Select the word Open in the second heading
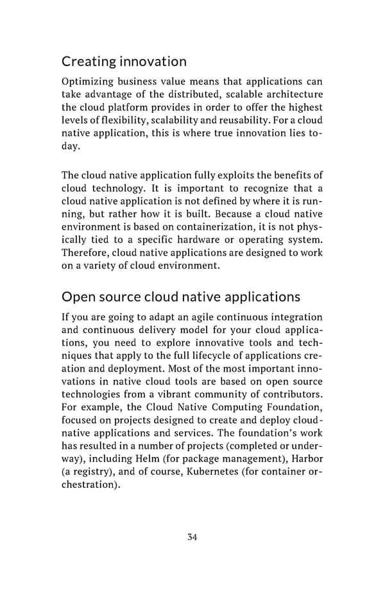pyautogui.click(x=76, y=297)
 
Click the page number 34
pyautogui.click(x=193, y=537)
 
